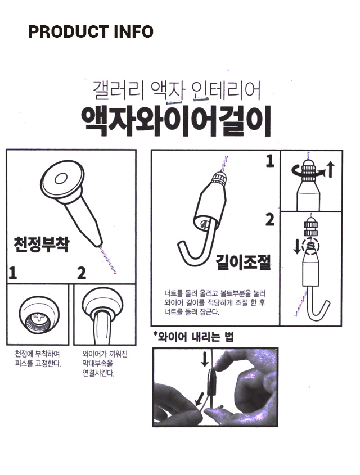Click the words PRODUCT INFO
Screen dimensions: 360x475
(91, 32)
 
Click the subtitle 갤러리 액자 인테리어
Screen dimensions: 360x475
(177, 91)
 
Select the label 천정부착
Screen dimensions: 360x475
(42, 244)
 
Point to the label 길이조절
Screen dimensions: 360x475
(244, 262)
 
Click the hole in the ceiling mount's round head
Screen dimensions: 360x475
(61, 179)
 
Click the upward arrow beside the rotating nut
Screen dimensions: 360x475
(330, 170)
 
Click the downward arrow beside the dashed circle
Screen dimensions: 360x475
(297, 246)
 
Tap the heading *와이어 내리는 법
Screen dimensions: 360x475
(193, 337)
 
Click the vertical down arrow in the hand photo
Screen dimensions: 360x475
(205, 360)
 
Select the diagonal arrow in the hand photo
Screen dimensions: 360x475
(200, 399)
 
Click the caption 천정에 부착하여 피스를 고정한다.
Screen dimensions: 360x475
(38, 359)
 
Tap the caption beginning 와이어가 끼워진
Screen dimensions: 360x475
(105, 363)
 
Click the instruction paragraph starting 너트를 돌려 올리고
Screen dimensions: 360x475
(215, 302)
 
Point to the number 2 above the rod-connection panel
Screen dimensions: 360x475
(81, 273)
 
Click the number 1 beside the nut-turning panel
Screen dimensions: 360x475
(270, 161)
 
